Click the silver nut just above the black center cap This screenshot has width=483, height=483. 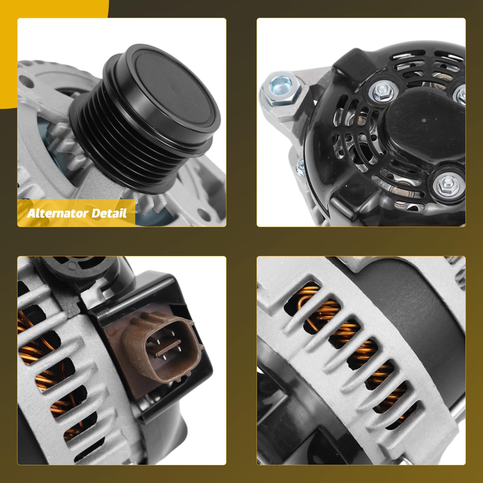point(380,90)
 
